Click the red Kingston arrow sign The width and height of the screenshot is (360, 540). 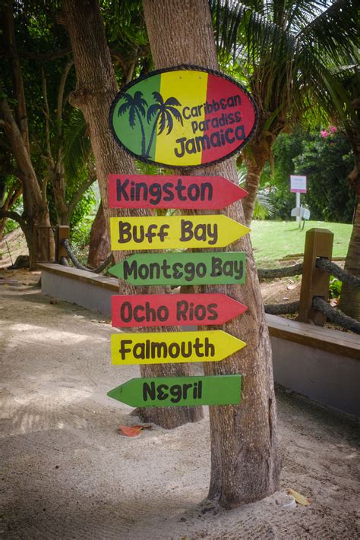(x=171, y=191)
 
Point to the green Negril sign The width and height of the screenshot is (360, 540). (x=178, y=390)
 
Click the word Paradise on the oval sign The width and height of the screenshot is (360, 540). (x=216, y=122)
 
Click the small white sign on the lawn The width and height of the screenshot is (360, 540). (x=298, y=184)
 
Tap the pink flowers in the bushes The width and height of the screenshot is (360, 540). (x=327, y=133)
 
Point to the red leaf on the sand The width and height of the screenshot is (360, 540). (x=131, y=431)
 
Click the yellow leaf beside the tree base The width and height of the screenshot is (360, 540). (x=298, y=497)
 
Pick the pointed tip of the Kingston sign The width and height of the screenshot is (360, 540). (x=245, y=191)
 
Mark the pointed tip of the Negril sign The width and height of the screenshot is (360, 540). (x=111, y=393)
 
